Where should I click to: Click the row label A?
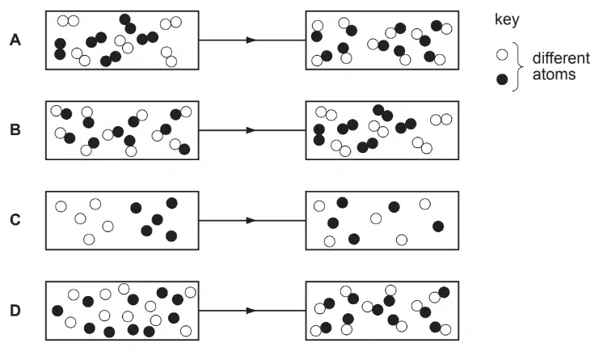15,40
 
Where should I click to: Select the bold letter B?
15,130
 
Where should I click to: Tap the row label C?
15,220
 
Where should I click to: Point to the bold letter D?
15,311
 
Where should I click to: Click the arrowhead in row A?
251,40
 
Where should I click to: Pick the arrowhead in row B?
251,130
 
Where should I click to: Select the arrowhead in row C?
251,220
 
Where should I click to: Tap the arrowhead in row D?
251,311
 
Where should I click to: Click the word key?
507,19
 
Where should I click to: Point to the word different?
561,58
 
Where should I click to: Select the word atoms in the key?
554,74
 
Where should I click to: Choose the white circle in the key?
502,55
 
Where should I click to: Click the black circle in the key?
502,79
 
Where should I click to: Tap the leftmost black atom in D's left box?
57,311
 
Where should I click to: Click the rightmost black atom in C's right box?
438,227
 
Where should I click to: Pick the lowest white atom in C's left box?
89,239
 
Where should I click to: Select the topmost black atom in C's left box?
171,203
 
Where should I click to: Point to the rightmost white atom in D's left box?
190,292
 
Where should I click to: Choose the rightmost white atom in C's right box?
425,204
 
